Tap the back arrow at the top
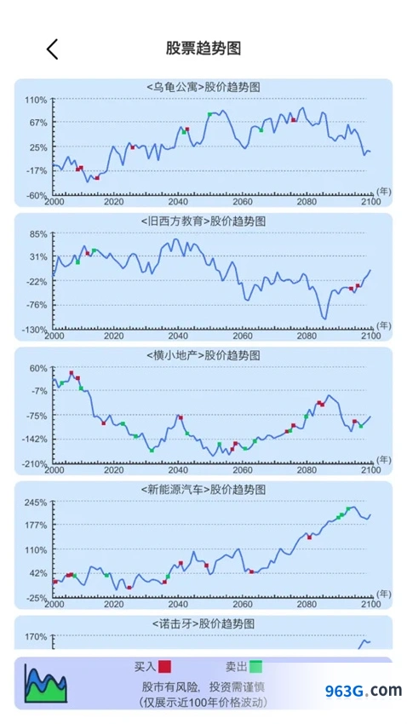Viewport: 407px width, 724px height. [x=52, y=49]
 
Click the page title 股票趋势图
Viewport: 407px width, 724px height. [x=203, y=48]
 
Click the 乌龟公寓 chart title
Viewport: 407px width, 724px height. [x=203, y=87]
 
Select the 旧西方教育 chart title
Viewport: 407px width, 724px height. [x=203, y=221]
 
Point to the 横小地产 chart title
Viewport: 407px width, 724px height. [x=203, y=355]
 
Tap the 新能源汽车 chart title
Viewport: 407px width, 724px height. [x=203, y=490]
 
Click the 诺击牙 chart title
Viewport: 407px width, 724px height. [x=203, y=623]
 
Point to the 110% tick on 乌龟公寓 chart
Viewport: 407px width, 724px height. [x=36, y=100]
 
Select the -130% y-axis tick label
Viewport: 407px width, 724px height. [x=35, y=330]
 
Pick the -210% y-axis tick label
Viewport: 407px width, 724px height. [x=35, y=463]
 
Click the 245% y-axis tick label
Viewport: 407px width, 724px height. [x=36, y=503]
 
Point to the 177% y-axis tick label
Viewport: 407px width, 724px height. [x=36, y=526]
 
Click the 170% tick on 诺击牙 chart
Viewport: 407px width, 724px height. [x=36, y=637]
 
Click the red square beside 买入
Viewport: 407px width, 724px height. [x=164, y=666]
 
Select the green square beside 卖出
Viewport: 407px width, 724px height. [x=256, y=666]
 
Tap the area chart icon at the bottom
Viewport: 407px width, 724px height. [x=46, y=684]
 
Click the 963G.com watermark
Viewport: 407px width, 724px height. [x=364, y=691]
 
